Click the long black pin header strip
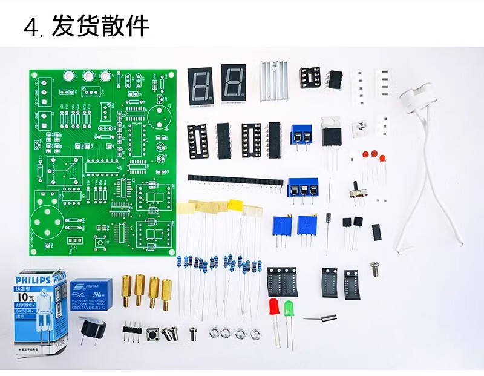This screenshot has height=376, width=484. tap(235, 180)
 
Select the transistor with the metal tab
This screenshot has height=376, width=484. tap(330, 133)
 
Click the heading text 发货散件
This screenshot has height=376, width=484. tap(100, 27)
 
